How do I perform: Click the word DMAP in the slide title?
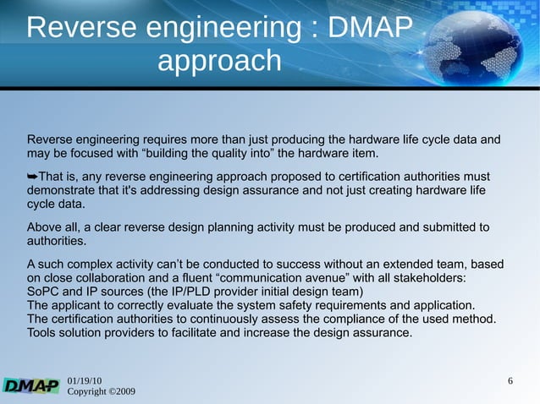tap(369, 28)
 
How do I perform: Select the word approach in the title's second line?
tap(218, 61)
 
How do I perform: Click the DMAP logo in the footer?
tap(31, 386)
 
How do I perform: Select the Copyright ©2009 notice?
tap(101, 393)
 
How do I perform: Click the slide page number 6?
tap(510, 381)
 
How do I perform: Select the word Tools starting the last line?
tap(43, 332)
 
